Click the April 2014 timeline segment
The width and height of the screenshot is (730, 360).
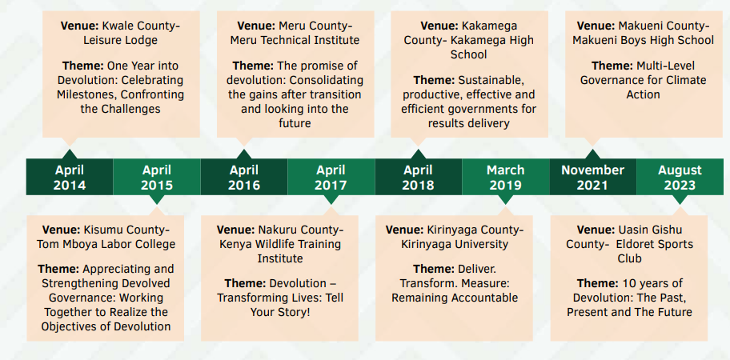point(70,178)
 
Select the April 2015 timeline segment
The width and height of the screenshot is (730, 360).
point(157,178)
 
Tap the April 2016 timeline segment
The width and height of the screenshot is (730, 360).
point(244,178)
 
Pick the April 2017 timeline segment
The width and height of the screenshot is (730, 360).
point(331,178)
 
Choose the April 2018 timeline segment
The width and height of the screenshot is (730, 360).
point(419,178)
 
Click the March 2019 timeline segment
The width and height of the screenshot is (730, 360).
point(506,178)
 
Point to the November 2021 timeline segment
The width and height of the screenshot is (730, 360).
point(592,178)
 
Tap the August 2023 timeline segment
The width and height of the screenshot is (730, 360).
point(680,178)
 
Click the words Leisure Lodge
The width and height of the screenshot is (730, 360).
point(121,41)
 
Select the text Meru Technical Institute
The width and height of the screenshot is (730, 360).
point(295,41)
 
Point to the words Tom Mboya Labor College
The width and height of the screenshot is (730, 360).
point(106,244)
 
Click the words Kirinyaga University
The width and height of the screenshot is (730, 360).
point(455,244)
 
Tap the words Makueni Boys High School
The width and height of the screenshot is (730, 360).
point(643,41)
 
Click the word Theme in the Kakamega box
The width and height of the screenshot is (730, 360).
point(434,81)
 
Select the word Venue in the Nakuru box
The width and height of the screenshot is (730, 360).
point(235,230)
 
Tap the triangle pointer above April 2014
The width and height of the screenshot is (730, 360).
point(70,154)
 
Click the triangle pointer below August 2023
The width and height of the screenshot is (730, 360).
point(680,199)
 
